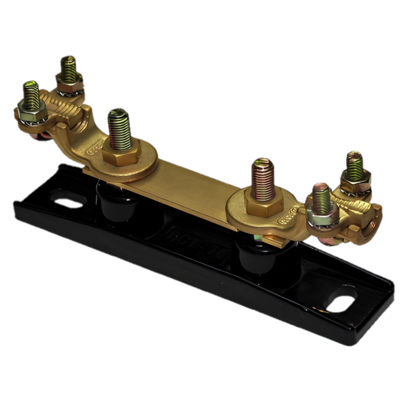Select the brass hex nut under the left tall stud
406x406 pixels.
pyautogui.click(x=121, y=153)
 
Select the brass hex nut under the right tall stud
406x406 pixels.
pyautogui.click(x=263, y=205)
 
